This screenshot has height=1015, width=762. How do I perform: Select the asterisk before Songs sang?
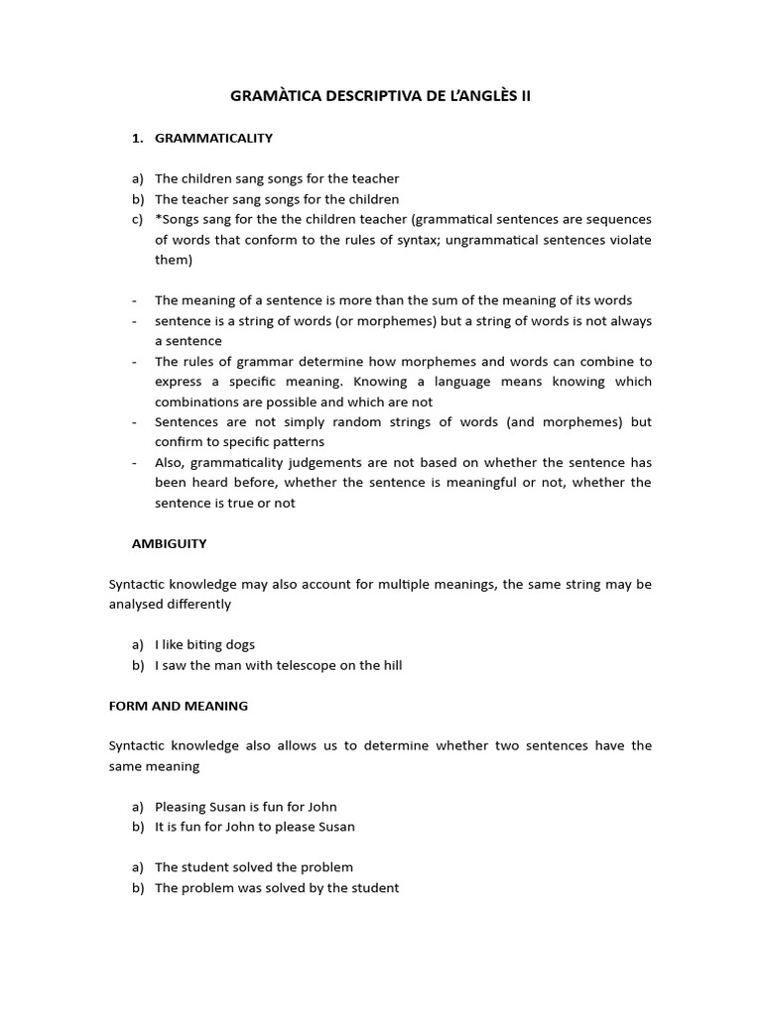tap(158, 219)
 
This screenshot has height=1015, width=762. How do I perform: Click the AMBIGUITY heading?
tap(170, 543)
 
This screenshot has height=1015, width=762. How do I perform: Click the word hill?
tap(390, 665)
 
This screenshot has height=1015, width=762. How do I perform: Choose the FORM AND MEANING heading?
tap(179, 706)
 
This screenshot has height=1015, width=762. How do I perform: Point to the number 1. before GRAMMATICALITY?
tap(138, 138)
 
